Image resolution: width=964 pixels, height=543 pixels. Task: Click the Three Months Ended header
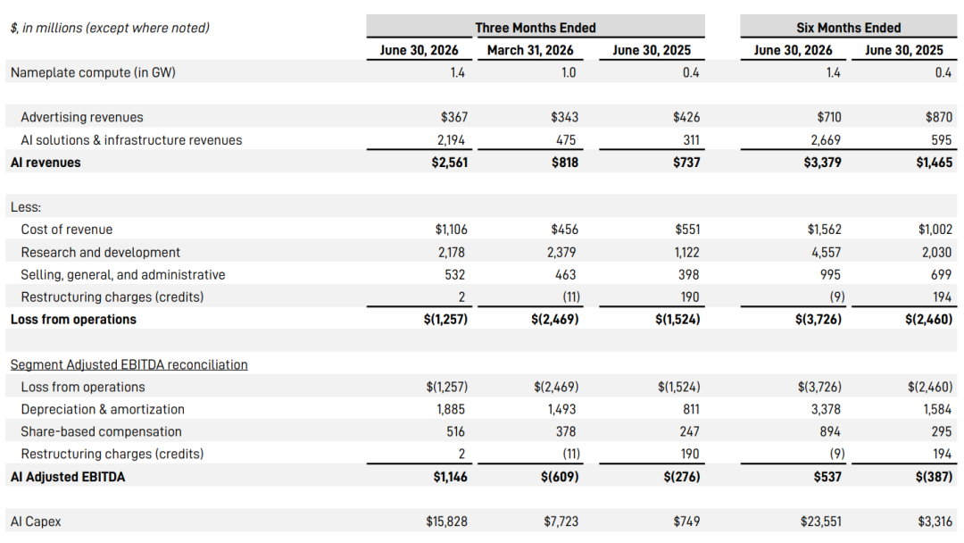click(535, 28)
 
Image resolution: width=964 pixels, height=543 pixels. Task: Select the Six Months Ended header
click(849, 28)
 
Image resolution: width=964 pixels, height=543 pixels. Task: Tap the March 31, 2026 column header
click(530, 50)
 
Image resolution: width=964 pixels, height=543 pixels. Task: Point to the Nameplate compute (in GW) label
click(93, 72)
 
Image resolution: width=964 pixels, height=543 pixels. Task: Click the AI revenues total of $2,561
click(449, 163)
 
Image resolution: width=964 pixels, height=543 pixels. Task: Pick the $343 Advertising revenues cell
click(564, 117)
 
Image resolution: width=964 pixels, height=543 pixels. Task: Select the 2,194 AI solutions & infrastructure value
click(452, 140)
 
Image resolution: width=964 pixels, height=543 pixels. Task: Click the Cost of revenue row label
click(66, 230)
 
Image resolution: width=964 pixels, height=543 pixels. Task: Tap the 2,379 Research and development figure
click(561, 252)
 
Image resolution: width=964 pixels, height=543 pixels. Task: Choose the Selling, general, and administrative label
click(123, 275)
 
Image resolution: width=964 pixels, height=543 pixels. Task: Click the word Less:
click(26, 207)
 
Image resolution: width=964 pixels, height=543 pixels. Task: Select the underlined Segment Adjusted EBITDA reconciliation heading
click(129, 364)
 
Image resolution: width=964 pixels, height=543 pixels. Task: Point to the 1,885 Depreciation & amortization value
click(451, 409)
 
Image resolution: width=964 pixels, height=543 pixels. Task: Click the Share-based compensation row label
click(102, 431)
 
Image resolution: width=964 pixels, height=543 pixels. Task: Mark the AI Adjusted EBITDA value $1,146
click(450, 477)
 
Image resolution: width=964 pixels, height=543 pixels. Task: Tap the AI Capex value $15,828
click(446, 522)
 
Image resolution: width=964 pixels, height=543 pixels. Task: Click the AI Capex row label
click(36, 522)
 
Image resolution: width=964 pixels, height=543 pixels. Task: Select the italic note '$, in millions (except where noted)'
click(110, 28)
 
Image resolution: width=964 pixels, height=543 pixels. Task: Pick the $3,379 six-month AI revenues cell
click(823, 163)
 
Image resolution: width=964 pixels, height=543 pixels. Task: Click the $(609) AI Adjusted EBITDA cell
click(560, 477)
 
